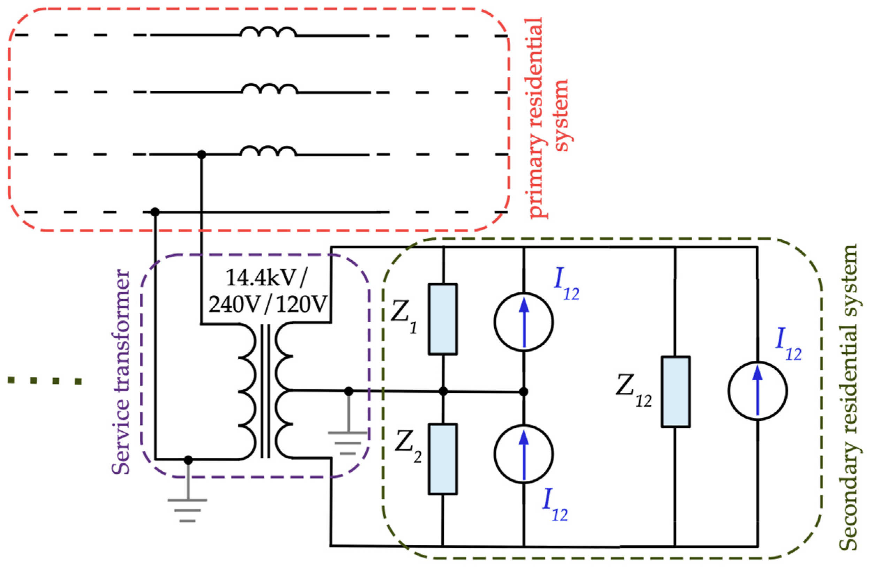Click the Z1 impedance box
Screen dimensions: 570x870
[x=442, y=319]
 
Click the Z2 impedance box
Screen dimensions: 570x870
[x=442, y=459]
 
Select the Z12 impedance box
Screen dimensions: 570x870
[x=676, y=392]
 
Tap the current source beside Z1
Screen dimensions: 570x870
[x=524, y=322]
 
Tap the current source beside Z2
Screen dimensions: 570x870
[x=524, y=455]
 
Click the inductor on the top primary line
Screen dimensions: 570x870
[x=268, y=32]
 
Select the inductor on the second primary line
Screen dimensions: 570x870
[x=270, y=89]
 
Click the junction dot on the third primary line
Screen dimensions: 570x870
[x=201, y=155]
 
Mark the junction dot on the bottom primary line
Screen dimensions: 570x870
[x=155, y=212]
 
